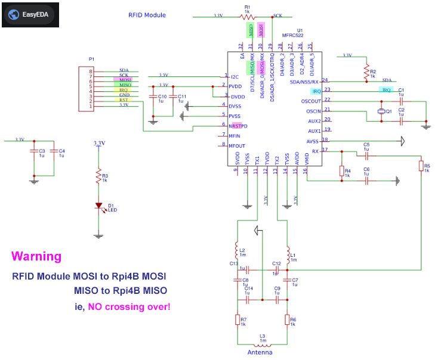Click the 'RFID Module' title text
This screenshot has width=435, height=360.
[x=147, y=15]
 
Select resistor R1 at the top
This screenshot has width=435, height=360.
[x=248, y=16]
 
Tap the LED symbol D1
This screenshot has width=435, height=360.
[x=99, y=206]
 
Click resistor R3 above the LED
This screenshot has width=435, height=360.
[x=99, y=176]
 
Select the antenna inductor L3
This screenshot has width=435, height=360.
[x=263, y=344]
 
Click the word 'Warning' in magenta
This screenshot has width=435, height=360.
[x=36, y=257]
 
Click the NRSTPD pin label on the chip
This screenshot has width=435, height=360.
[x=238, y=126]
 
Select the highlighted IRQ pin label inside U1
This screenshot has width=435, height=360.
[x=317, y=91]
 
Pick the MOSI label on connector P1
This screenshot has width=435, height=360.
[x=124, y=79]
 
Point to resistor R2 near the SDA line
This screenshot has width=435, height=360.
[x=366, y=72]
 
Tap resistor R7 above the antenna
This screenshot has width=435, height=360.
[x=237, y=320]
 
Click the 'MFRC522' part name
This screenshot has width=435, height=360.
[x=293, y=35]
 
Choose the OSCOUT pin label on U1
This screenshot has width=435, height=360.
[x=310, y=101]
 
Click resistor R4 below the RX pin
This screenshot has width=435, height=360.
[x=341, y=171]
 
